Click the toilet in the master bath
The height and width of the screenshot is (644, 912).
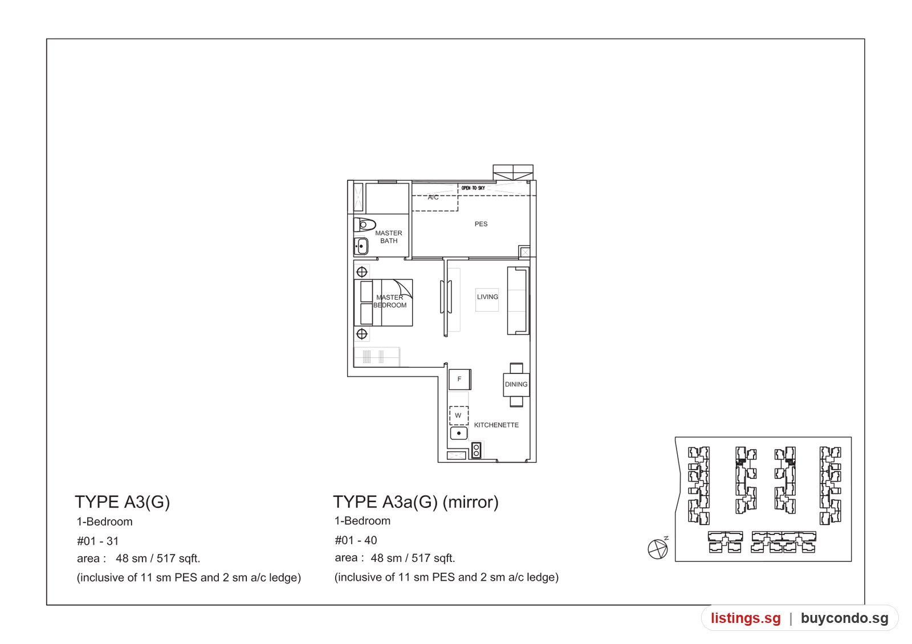click(364, 225)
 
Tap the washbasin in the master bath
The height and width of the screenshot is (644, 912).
click(361, 246)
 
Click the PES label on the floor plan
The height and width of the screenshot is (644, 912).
click(481, 224)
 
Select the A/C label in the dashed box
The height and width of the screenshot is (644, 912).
click(433, 197)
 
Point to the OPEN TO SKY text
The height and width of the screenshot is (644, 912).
click(473, 188)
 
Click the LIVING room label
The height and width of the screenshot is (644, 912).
click(487, 297)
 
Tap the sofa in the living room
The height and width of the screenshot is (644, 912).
click(518, 301)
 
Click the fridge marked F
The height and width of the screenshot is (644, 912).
click(459, 380)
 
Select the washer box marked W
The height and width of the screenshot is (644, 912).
click(458, 415)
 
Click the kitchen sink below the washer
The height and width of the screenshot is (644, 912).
click(458, 433)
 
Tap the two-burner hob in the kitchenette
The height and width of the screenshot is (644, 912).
click(476, 450)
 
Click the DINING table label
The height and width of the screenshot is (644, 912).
click(516, 384)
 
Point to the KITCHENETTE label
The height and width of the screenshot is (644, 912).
click(496, 425)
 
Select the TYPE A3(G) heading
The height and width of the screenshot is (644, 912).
click(122, 502)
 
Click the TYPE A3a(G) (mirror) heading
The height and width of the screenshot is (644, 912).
click(416, 502)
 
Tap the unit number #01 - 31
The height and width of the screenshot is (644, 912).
click(97, 541)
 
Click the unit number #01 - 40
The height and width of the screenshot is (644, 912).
click(356, 540)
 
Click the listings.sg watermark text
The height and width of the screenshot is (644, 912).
click(746, 618)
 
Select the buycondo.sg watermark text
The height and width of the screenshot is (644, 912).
click(844, 618)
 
